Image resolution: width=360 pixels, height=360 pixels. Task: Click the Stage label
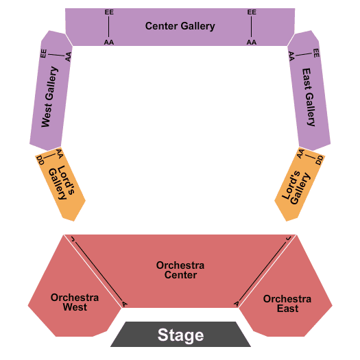click(x=180, y=335)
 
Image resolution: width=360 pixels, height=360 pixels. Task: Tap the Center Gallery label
click(x=180, y=26)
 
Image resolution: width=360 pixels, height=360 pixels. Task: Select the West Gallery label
click(x=49, y=97)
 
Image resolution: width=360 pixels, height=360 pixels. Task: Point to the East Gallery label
click(x=309, y=97)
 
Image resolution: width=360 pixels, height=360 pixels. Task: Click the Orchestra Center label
click(x=180, y=270)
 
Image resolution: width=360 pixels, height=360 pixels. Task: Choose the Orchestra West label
click(x=75, y=302)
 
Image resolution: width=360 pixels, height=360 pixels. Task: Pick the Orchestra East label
click(x=287, y=304)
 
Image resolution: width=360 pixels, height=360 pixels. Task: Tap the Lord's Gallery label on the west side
click(x=62, y=182)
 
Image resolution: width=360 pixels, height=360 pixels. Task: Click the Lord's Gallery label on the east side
click(x=296, y=188)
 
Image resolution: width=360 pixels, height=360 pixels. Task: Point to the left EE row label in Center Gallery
click(x=109, y=12)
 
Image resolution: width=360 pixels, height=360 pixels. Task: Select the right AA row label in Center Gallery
click(x=252, y=43)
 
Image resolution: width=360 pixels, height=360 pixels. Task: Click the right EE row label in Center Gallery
click(x=252, y=12)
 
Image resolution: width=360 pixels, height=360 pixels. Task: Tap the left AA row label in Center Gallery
click(x=109, y=43)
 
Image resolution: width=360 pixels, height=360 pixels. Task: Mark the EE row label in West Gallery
click(x=43, y=53)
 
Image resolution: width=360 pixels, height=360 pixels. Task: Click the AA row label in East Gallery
click(x=291, y=56)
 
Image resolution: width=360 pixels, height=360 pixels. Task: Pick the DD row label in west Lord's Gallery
click(x=40, y=160)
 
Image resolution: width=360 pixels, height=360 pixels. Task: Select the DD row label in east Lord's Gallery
click(x=320, y=160)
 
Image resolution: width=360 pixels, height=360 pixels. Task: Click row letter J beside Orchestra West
click(x=73, y=239)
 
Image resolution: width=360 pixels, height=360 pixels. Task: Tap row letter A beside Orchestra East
click(x=237, y=304)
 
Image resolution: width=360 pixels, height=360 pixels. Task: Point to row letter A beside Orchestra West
click(x=124, y=304)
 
